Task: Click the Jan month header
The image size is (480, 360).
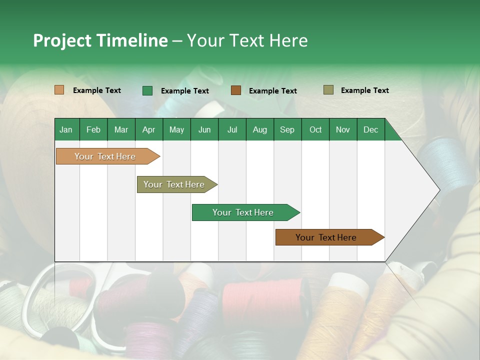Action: (66, 129)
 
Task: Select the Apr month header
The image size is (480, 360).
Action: (148, 129)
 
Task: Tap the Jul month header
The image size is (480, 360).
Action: (232, 129)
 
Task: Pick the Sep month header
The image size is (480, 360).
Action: (287, 129)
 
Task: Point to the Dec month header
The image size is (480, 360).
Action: (370, 129)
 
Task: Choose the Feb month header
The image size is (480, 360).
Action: (93, 129)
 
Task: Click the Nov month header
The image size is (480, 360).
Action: (342, 129)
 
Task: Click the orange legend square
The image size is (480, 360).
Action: (59, 90)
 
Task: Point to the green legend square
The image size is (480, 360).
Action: (147, 90)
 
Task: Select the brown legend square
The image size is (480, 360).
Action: (236, 90)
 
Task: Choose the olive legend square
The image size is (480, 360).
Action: (328, 90)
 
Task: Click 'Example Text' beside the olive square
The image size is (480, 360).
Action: (364, 90)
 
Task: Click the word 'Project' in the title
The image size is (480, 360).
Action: (62, 40)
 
